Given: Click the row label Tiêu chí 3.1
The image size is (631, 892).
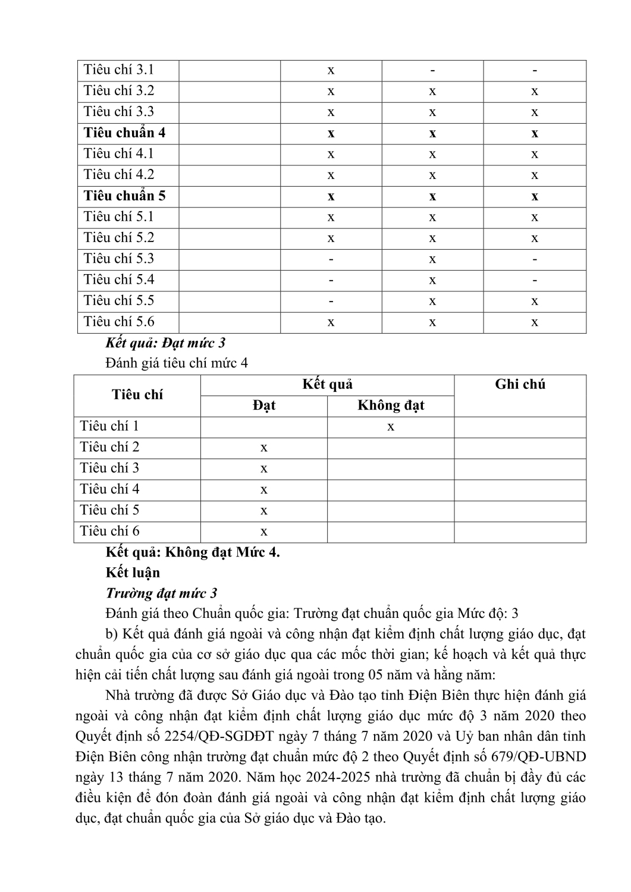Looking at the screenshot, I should (x=119, y=70).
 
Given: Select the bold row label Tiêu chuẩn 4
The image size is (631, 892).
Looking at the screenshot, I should (x=124, y=133).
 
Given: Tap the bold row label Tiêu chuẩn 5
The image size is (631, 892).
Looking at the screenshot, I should (x=124, y=196).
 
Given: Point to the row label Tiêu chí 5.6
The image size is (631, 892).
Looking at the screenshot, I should (x=119, y=322).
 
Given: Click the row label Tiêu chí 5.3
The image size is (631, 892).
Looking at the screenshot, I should (x=119, y=259).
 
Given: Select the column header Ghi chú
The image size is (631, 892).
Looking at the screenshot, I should (x=520, y=384).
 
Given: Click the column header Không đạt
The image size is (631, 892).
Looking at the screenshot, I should (x=391, y=406).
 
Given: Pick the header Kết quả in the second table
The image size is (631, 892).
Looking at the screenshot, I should (x=327, y=384).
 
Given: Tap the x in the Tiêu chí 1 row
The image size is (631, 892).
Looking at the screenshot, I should (x=391, y=427).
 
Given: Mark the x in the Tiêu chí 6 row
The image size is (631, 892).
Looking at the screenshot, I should (x=263, y=532).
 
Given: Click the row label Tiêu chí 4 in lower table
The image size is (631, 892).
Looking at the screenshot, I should (x=109, y=489).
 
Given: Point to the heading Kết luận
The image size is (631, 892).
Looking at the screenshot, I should (x=133, y=573).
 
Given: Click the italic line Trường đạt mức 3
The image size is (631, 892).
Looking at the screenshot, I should (x=161, y=593).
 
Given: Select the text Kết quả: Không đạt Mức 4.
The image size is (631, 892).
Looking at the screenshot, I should (x=193, y=552).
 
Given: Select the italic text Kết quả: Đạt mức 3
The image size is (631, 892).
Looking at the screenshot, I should (x=165, y=343).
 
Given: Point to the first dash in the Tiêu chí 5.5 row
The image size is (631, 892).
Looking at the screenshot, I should (x=331, y=301).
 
